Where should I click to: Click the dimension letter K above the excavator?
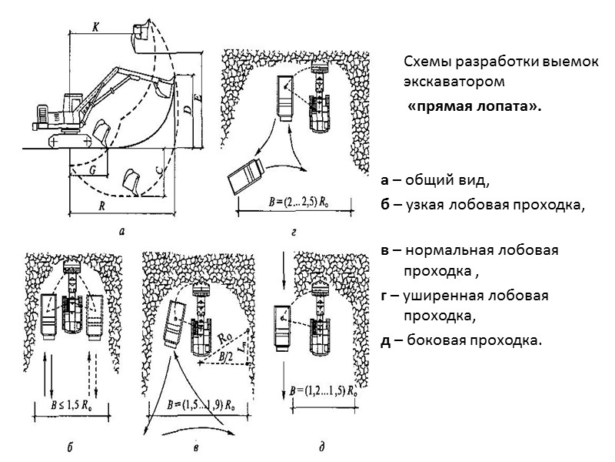[95, 26]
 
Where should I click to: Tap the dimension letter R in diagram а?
[103, 206]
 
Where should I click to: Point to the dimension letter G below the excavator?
[91, 168]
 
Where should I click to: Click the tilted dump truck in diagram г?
[245, 176]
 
